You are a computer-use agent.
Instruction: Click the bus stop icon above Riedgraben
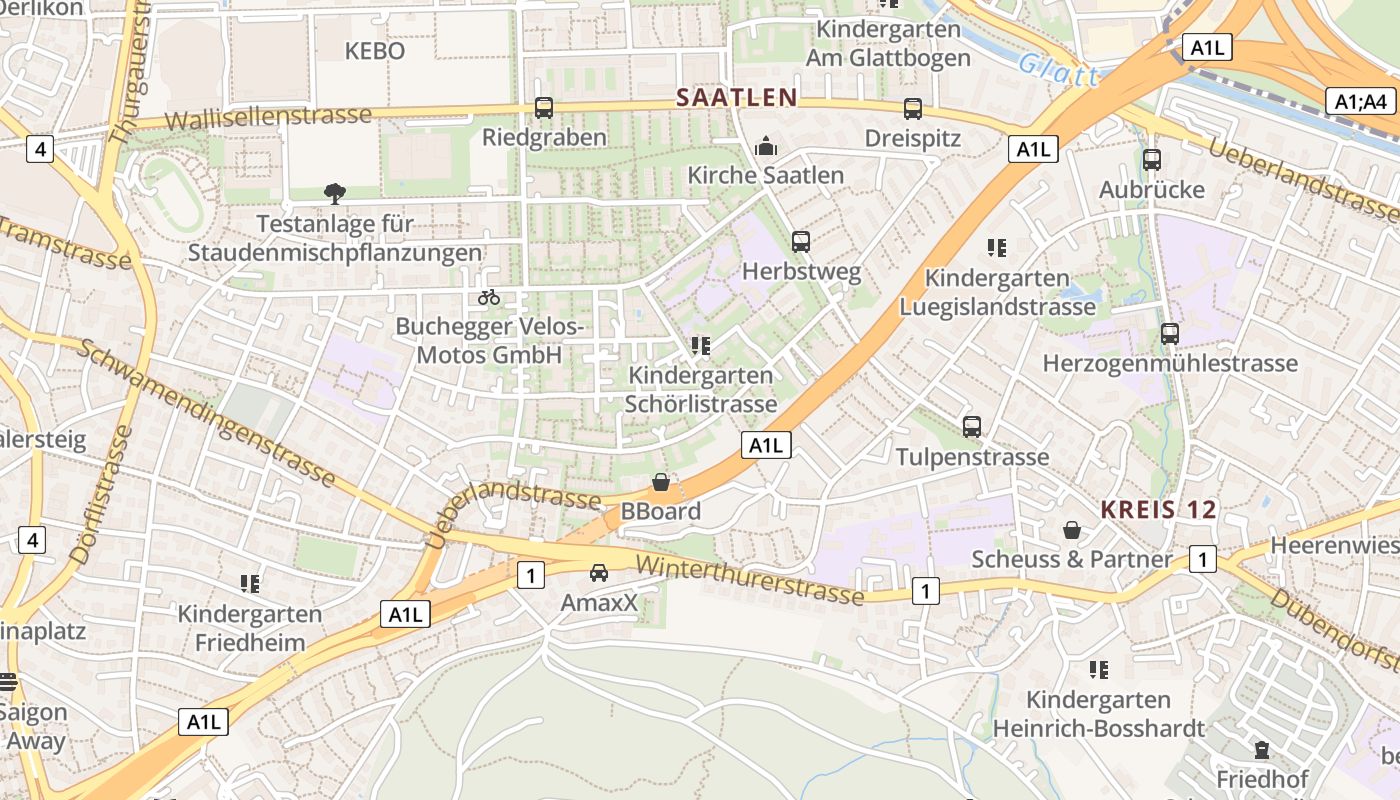tap(544, 107)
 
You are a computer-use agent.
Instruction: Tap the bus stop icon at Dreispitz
tap(912, 109)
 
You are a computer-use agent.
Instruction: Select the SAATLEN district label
tap(736, 97)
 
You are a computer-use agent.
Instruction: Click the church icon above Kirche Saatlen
tap(766, 146)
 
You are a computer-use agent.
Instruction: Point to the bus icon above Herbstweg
tap(800, 241)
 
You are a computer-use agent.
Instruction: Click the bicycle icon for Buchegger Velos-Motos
tap(489, 297)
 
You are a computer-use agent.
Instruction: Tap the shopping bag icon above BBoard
tap(661, 483)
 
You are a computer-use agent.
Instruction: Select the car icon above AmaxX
tap(599, 573)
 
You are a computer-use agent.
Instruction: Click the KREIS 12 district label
tap(1159, 509)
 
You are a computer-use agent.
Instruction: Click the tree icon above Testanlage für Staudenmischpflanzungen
tap(334, 193)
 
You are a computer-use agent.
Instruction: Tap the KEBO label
tap(375, 51)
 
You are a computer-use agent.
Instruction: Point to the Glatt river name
tap(1058, 71)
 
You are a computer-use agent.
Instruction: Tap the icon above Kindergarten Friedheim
tap(250, 583)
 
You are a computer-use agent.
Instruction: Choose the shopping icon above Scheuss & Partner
tap(1072, 530)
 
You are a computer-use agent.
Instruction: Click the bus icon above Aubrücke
tap(1152, 160)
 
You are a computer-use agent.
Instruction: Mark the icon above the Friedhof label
tap(1261, 749)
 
